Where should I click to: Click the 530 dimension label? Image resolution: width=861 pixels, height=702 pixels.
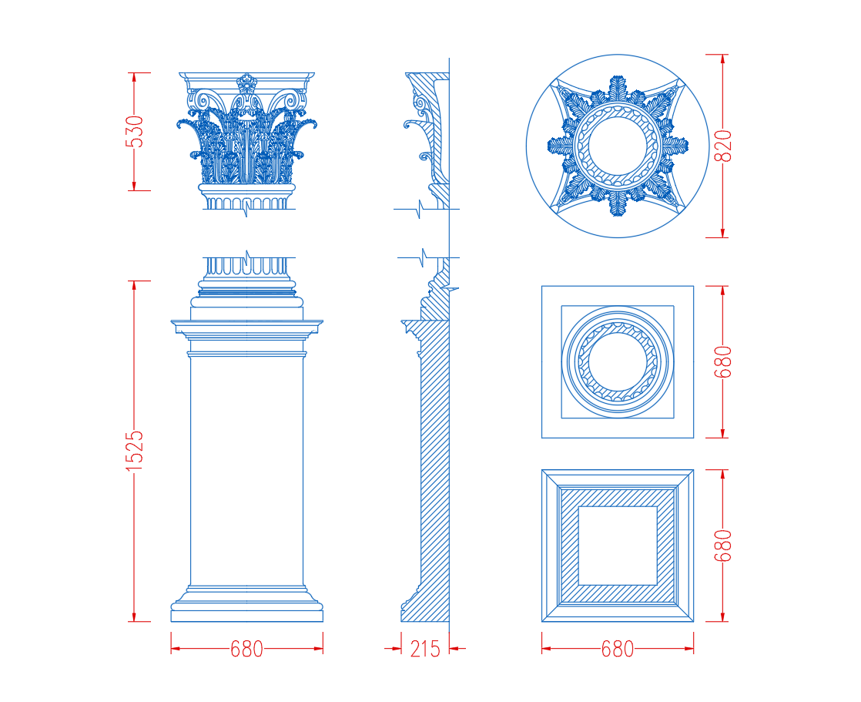(134, 132)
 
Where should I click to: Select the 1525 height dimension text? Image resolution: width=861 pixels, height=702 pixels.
(134, 451)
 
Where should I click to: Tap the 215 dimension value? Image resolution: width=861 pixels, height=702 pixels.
(425, 650)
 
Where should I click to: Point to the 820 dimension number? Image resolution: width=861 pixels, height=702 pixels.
(723, 146)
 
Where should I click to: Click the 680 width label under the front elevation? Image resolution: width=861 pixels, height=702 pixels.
(246, 650)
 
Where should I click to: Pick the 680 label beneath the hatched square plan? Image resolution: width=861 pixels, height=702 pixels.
(617, 650)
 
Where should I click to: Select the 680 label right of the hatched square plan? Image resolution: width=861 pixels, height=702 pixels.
(723, 546)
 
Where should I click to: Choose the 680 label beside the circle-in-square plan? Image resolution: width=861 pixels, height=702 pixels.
(723, 362)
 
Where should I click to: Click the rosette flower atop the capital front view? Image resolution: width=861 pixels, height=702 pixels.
(246, 84)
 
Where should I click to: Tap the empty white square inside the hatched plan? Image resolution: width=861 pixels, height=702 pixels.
(618, 546)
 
